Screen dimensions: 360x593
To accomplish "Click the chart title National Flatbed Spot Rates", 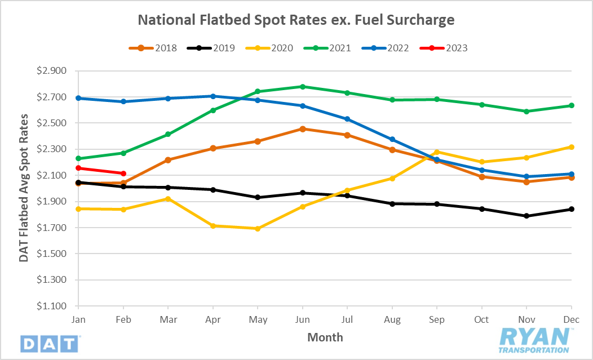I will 296,20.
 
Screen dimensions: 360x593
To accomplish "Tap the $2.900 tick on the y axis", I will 51,71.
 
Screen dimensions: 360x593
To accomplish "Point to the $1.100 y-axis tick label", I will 51,306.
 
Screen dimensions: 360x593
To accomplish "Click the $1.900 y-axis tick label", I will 51,202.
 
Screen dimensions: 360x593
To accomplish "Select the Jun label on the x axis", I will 303,320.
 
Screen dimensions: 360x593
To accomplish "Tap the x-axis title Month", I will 325,337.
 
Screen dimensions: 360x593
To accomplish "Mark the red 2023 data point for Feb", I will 123,174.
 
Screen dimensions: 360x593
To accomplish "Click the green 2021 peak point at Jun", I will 303,87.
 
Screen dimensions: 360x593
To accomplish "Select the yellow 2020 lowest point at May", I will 258,229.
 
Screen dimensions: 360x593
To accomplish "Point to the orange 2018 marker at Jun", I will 303,129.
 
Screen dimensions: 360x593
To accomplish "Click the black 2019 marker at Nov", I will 526,216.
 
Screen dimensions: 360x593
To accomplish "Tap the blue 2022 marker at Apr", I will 213,96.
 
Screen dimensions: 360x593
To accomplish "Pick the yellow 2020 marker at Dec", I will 572,147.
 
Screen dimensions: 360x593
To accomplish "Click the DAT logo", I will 50,343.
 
